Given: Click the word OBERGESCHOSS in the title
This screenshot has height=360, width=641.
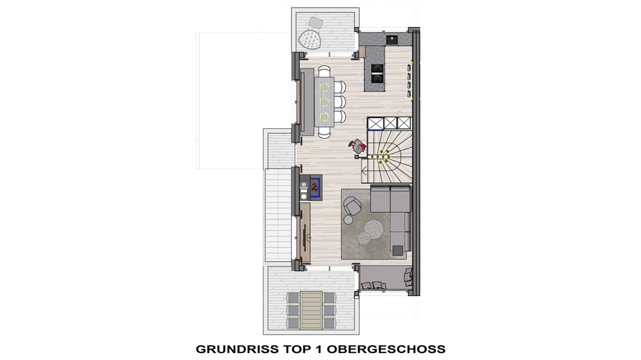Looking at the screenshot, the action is pyautogui.click(x=386, y=349).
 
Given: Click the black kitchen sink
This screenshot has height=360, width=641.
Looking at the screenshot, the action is pyautogui.click(x=392, y=40).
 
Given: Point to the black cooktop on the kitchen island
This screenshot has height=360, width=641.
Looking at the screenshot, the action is pyautogui.click(x=378, y=74).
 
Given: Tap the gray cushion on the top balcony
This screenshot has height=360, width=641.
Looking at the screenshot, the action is pyautogui.click(x=315, y=22).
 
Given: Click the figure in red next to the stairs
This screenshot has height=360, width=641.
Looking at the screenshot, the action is pyautogui.click(x=358, y=146).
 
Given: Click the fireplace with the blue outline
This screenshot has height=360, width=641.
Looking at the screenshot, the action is pyautogui.click(x=315, y=187).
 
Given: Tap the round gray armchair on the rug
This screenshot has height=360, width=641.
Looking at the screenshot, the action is pyautogui.click(x=351, y=206).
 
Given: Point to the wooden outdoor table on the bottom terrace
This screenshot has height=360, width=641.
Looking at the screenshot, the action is pyautogui.click(x=311, y=310).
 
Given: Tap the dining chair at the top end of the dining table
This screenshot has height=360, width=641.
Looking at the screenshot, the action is pyautogui.click(x=324, y=70).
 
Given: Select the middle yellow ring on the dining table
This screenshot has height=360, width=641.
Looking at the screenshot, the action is pyautogui.click(x=324, y=101).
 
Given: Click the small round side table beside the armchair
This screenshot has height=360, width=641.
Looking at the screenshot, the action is pyautogui.click(x=348, y=220).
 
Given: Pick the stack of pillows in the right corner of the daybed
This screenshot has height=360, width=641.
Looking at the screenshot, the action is pyautogui.click(x=408, y=277).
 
